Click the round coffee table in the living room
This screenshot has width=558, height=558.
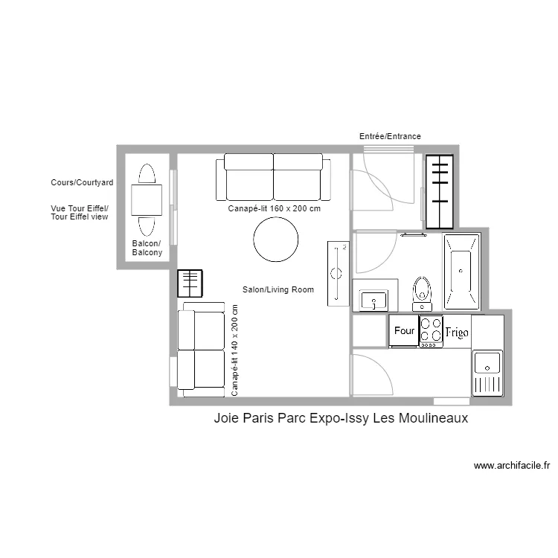click(x=276, y=240)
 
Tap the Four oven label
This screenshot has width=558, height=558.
click(x=404, y=330)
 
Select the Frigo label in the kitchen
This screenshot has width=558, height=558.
click(x=456, y=332)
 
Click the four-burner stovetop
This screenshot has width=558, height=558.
click(x=431, y=331)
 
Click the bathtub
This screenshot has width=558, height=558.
click(x=462, y=272)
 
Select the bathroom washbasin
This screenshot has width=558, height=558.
click(x=373, y=300)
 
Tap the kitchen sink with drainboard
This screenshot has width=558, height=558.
click(x=487, y=373)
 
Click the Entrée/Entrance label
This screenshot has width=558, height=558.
click(x=390, y=136)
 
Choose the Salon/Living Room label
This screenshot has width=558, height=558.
click(x=278, y=289)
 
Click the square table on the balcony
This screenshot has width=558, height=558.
click(x=147, y=199)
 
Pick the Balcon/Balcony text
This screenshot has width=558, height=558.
click(x=147, y=248)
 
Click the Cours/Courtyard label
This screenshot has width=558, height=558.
click(x=82, y=182)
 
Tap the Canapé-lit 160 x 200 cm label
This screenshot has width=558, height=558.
click(x=274, y=209)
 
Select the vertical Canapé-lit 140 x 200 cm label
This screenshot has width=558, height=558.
click(x=235, y=350)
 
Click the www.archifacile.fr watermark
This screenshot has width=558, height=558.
click(x=512, y=466)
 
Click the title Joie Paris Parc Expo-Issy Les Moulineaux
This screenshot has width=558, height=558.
click(x=340, y=418)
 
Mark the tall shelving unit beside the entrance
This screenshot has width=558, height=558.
click(x=439, y=191)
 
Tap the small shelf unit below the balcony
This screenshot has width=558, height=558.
click(x=190, y=283)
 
